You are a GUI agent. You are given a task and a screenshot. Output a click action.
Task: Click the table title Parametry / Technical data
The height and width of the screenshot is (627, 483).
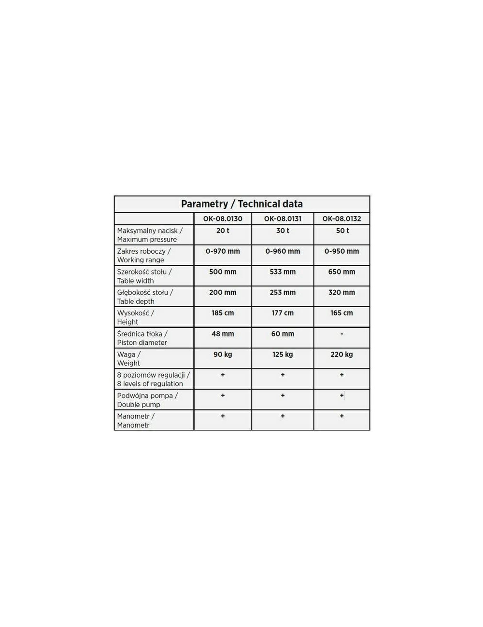241,204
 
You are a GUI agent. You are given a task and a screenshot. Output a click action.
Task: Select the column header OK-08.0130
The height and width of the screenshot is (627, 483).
223,218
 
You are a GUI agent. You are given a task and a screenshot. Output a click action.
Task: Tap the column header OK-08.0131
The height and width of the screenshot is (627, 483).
283,218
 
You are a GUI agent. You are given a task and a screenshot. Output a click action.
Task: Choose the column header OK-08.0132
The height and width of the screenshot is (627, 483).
341,218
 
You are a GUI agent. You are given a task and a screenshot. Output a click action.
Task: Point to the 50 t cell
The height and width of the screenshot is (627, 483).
342,231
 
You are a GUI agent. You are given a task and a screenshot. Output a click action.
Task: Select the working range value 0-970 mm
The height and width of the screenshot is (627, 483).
223,251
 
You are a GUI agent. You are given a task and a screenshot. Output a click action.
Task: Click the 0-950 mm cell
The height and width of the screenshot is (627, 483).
341,251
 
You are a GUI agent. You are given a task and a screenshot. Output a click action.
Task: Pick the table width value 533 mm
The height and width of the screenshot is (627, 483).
283,272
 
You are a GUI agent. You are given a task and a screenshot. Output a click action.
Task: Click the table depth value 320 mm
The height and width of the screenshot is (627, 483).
341,292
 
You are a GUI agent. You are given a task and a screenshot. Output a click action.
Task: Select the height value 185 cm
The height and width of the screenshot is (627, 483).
223,313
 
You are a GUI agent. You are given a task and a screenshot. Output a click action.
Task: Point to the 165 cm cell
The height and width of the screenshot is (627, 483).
341,313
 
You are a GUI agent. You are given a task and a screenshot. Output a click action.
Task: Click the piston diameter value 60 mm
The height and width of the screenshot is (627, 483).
283,334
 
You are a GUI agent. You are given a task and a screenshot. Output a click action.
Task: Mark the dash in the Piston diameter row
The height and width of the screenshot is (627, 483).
341,334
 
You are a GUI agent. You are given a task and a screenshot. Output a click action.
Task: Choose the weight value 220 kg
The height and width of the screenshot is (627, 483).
341,354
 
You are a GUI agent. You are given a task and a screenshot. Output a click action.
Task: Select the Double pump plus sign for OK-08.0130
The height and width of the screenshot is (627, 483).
223,395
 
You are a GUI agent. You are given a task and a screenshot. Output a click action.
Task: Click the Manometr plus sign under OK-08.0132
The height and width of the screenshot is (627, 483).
341,416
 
